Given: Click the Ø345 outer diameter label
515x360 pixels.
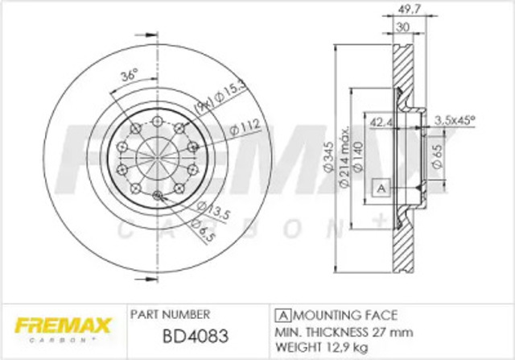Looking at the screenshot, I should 328,160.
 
